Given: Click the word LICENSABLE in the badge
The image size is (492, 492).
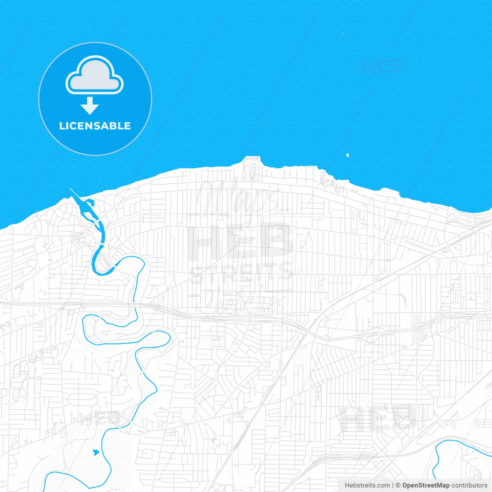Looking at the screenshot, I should tap(95, 126).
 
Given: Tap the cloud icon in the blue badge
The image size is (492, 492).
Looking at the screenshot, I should tap(95, 76).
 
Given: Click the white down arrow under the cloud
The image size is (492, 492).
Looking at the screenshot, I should tap(90, 106).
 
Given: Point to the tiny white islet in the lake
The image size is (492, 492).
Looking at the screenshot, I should tap(347, 155).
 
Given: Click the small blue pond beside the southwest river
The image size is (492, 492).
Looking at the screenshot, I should tap(95, 452).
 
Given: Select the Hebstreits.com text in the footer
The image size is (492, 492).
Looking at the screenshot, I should tap(367, 485).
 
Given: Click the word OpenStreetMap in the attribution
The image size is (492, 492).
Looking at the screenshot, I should tap(426, 485).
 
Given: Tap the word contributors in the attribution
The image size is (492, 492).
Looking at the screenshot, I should tap(469, 485).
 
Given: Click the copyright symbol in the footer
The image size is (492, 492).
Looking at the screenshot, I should tap(398, 485).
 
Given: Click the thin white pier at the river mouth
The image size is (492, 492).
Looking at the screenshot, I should tap(75, 194).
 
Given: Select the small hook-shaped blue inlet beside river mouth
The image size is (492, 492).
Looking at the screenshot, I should tap(90, 202).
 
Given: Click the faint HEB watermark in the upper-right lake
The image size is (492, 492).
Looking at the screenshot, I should tap(382, 66).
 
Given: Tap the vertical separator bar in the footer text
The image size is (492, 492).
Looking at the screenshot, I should tap(393, 485).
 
